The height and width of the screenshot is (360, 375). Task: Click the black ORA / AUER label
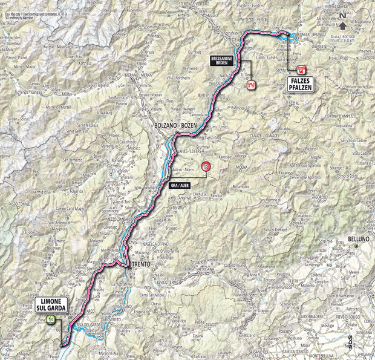(176, 186)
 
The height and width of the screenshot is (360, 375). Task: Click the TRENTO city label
(140, 263)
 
